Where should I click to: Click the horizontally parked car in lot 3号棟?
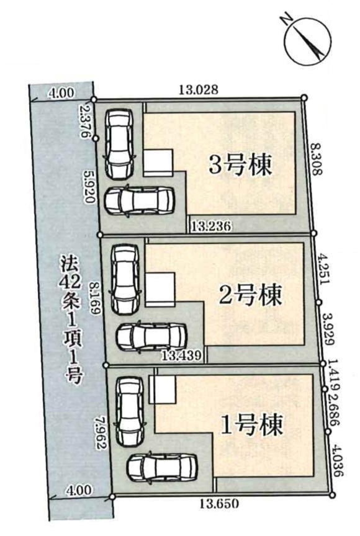click(139, 200)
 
